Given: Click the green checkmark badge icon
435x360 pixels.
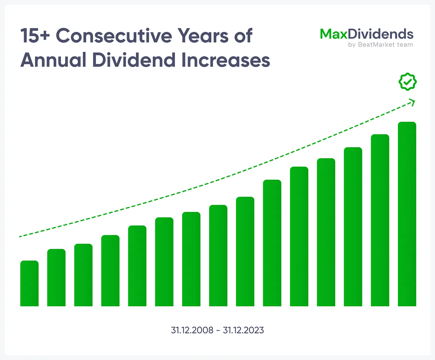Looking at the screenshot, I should click(408, 82).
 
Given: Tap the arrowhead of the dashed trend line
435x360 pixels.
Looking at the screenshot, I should click(413, 102).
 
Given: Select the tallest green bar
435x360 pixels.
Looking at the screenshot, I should click(407, 214).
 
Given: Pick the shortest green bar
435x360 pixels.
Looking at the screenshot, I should click(29, 283).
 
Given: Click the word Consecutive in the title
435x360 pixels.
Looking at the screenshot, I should click(114, 36).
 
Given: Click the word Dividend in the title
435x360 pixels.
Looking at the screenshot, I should click(134, 60).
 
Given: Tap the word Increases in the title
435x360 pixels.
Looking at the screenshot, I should click(226, 60).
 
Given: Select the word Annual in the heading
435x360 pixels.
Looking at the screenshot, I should click(53, 60).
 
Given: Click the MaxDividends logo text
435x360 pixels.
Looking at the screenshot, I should click(367, 34).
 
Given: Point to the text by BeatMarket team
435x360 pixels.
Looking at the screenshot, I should click(380, 45).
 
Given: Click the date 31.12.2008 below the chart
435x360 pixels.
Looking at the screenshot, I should click(192, 330).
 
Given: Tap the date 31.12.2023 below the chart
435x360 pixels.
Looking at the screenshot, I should click(243, 330).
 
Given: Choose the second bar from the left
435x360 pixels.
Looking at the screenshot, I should click(56, 278).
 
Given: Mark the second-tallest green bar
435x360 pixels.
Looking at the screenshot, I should click(380, 220).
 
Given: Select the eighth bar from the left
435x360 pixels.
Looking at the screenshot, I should click(218, 256).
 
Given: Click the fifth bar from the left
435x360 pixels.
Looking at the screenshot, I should click(137, 266).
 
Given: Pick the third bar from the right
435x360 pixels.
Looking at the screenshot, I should click(353, 227).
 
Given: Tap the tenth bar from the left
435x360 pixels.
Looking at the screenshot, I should click(272, 243).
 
